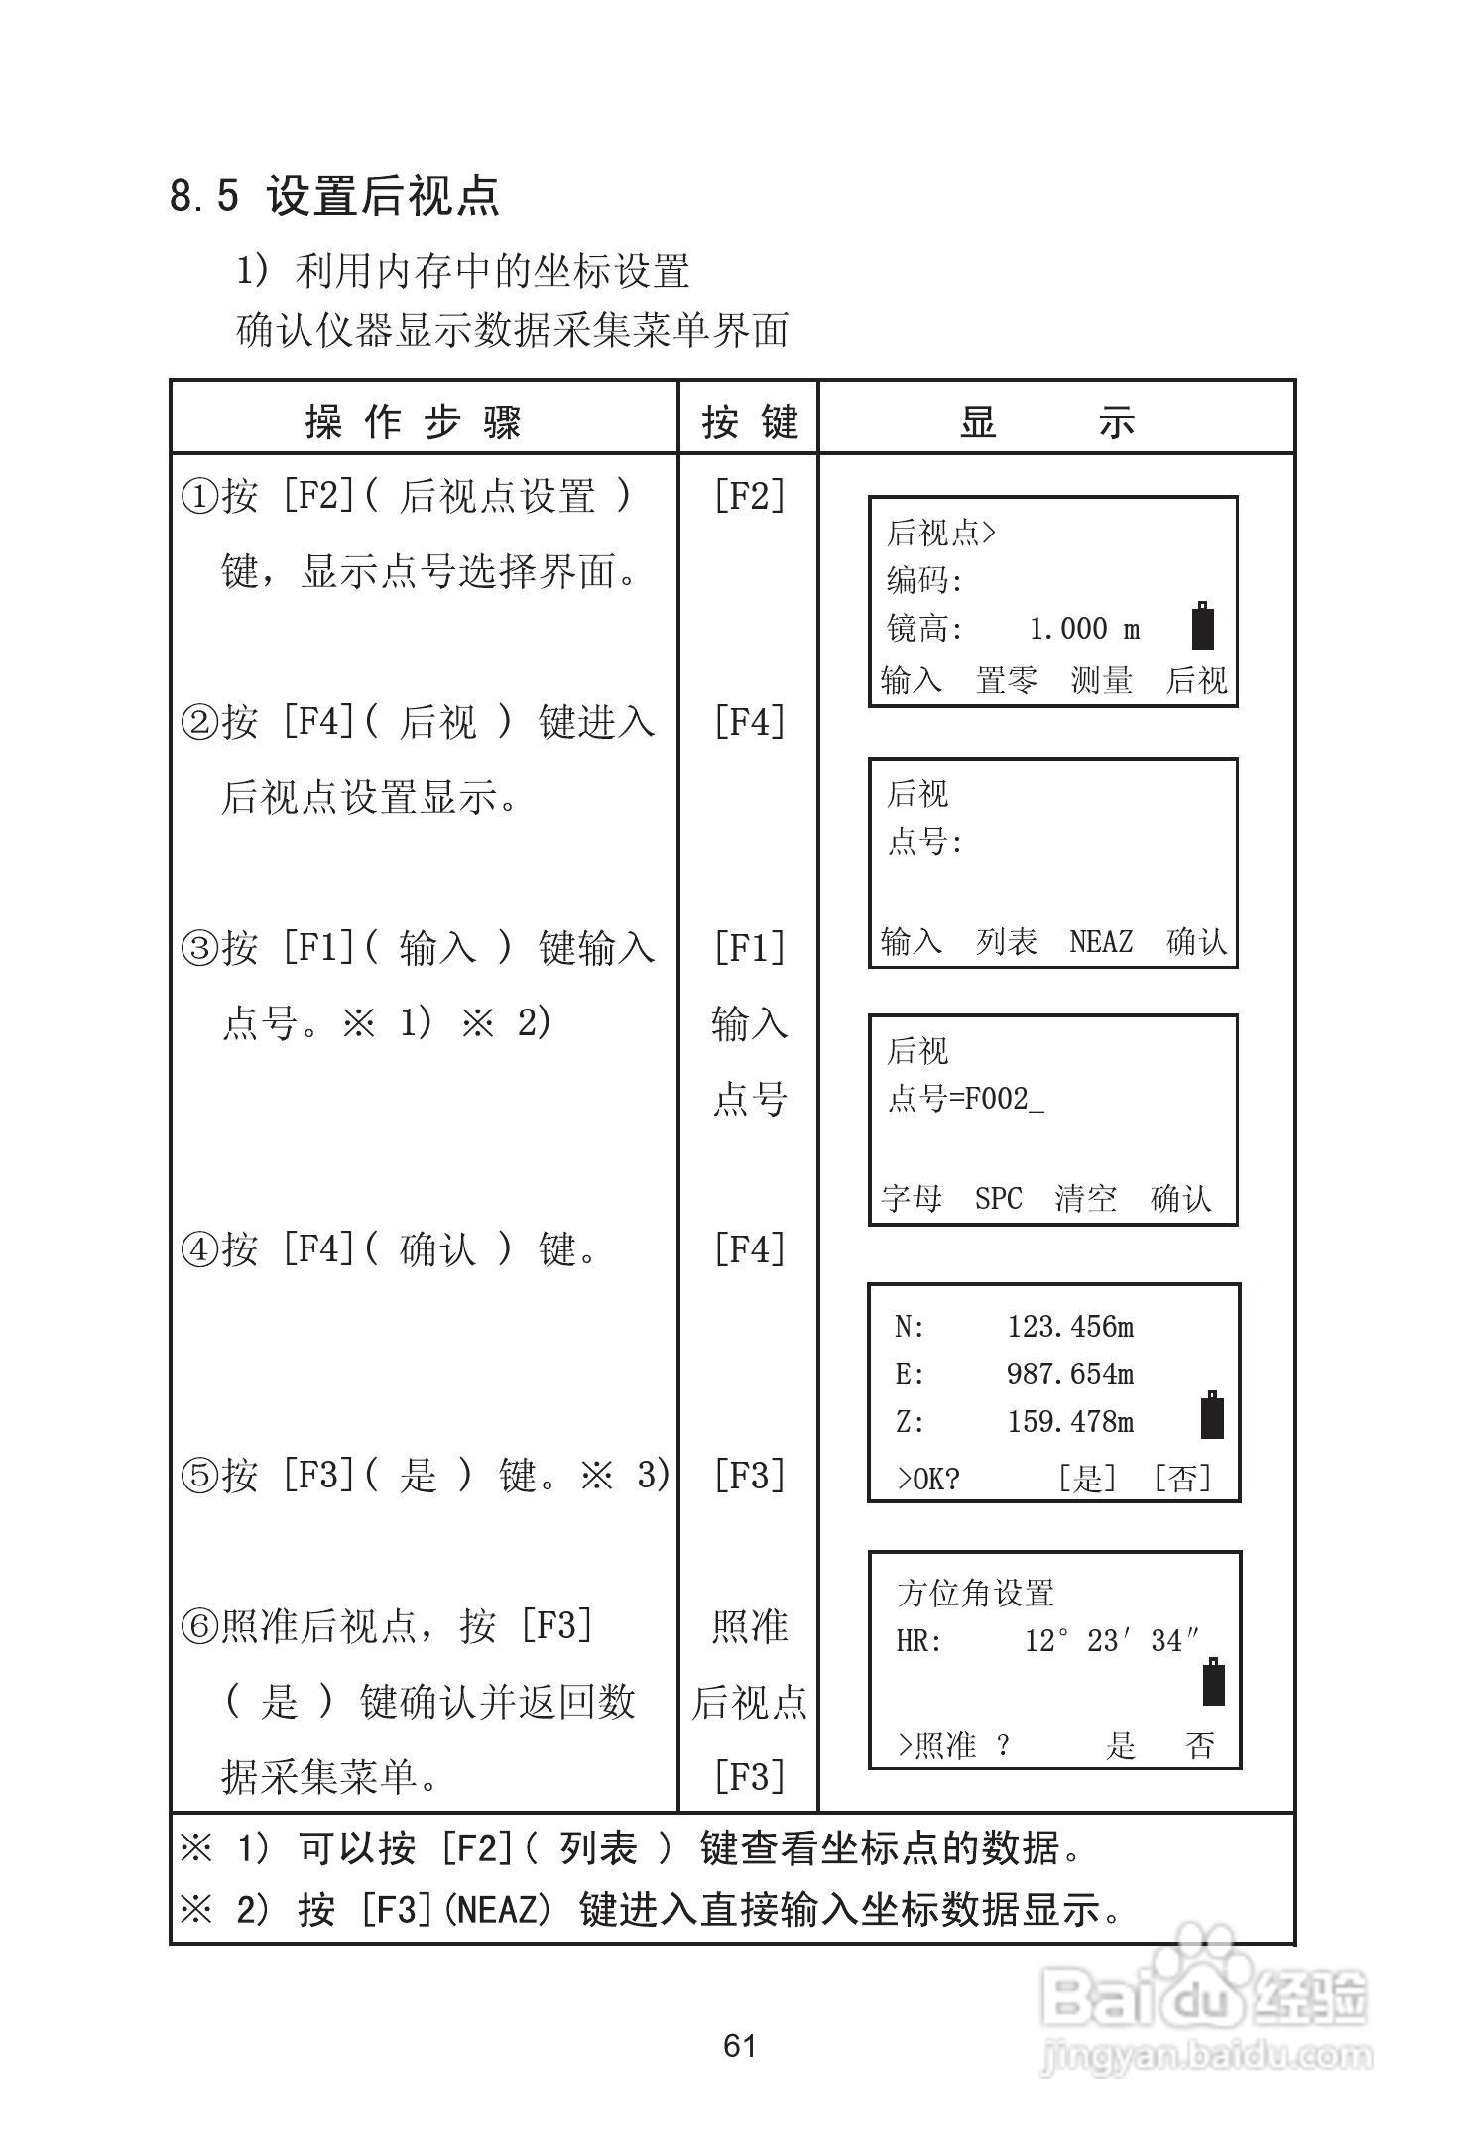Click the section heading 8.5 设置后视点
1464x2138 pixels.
tap(334, 195)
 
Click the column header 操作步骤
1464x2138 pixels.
tap(413, 422)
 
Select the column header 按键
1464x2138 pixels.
tap(749, 422)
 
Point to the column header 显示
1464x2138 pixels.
tap(1047, 422)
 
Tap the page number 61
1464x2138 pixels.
tap(740, 2045)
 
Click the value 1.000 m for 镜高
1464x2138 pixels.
tap(1084, 629)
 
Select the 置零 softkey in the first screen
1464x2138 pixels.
tap(1006, 680)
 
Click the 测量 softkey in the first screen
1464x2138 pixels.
tap(1101, 680)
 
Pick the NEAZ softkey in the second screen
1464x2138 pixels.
tap(1101, 941)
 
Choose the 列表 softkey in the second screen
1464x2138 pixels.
tap(1006, 941)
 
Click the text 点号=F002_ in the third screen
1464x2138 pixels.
tap(965, 1099)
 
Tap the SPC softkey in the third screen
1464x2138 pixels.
tap(998, 1199)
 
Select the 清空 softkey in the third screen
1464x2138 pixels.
tap(1085, 1199)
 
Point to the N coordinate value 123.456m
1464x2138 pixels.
tap(1070, 1327)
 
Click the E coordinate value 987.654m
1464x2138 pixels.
tap(1070, 1374)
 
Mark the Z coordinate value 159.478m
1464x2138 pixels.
tap(1070, 1422)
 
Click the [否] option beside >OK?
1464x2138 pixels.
tap(1182, 1479)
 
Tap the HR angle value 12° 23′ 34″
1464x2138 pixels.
tap(1112, 1641)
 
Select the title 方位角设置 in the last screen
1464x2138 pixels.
tap(975, 1594)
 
